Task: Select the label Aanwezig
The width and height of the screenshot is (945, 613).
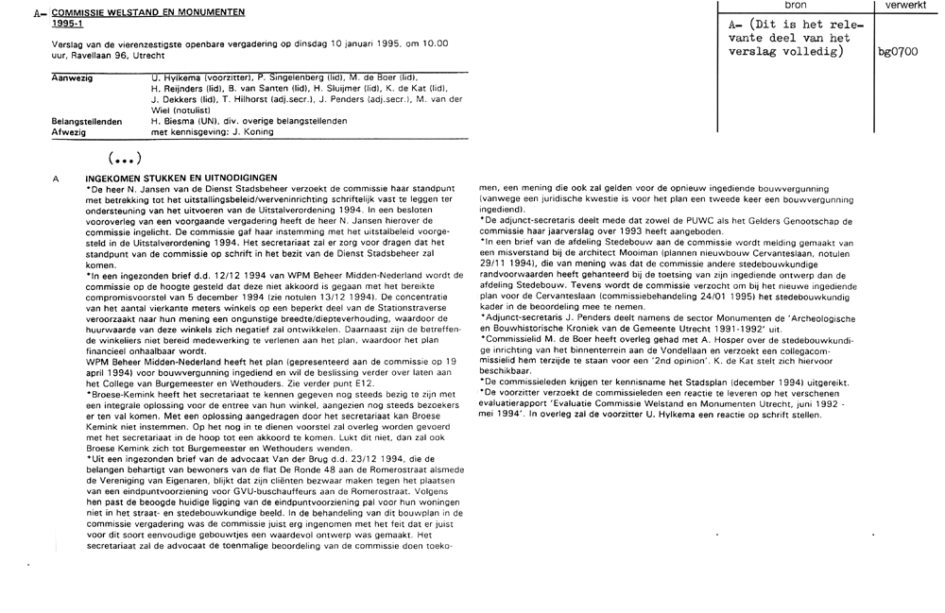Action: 71,77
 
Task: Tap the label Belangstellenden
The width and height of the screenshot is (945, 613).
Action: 86,122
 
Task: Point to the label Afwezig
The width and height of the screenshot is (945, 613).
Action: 68,133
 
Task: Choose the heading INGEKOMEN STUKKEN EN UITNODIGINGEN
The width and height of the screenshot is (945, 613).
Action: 180,178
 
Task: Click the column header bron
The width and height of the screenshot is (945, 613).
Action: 795,6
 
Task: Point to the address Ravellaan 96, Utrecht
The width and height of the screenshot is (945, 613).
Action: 102,56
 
